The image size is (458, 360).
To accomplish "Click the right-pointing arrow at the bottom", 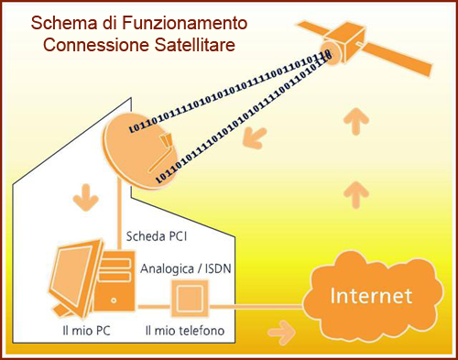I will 287,329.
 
